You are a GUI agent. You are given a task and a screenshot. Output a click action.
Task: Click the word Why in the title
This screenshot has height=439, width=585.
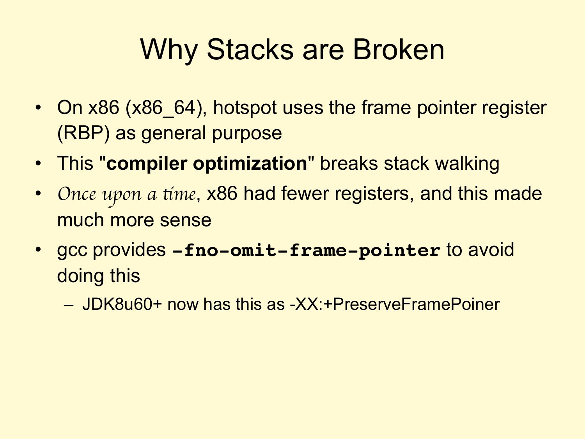169,50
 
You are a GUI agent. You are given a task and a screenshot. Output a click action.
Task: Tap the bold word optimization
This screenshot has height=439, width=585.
250,164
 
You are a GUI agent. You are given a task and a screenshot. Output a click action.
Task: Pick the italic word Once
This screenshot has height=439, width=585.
77,194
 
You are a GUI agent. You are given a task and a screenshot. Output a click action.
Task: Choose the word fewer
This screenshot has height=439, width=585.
305,194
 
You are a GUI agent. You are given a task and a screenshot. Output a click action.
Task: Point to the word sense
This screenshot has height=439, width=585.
185,220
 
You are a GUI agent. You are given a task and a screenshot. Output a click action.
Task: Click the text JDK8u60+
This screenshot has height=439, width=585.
122,304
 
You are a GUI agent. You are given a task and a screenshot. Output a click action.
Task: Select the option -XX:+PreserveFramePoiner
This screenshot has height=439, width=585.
395,304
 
